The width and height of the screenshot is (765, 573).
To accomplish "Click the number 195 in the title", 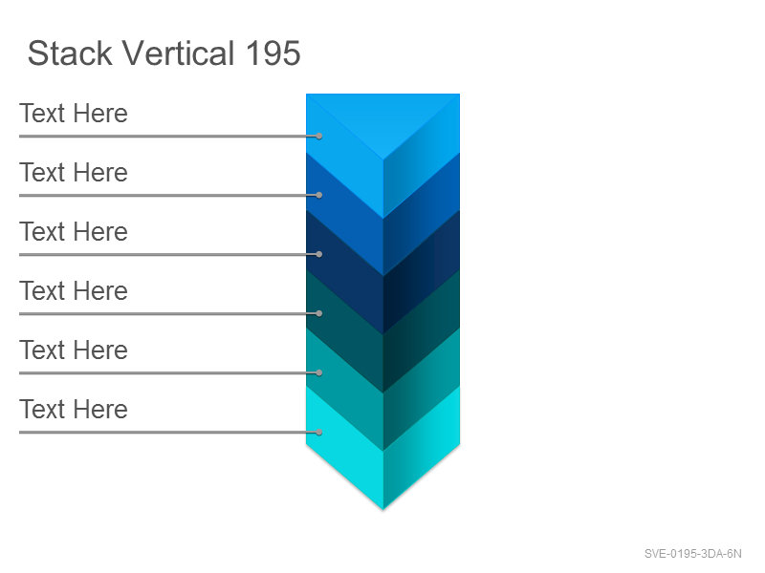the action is [x=273, y=53].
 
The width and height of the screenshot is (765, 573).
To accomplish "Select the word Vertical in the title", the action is [x=178, y=53].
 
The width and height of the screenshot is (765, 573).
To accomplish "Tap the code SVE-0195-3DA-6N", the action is [x=692, y=554].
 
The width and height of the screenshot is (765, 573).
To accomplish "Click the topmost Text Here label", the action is [x=74, y=114].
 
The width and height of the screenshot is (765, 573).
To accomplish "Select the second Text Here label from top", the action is [x=74, y=173].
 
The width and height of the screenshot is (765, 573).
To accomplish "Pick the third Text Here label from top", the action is [x=74, y=231].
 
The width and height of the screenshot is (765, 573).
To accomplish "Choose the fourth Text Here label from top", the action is [x=74, y=291].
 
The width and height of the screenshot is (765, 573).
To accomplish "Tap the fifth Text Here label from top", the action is [x=74, y=350].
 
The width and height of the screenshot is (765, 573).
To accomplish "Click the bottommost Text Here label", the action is [x=74, y=409].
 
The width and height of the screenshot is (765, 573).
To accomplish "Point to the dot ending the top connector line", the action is [x=319, y=136].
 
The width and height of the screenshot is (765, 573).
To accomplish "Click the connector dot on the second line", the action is [x=319, y=195].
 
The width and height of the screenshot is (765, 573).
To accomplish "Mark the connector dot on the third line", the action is [x=319, y=254].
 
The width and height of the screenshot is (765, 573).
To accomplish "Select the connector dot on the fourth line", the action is [x=319, y=313].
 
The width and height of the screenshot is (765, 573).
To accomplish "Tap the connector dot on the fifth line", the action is [x=319, y=372].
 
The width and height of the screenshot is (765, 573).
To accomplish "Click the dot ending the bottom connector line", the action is [x=319, y=432].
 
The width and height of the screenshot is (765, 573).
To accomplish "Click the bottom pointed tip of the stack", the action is [x=383, y=509].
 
